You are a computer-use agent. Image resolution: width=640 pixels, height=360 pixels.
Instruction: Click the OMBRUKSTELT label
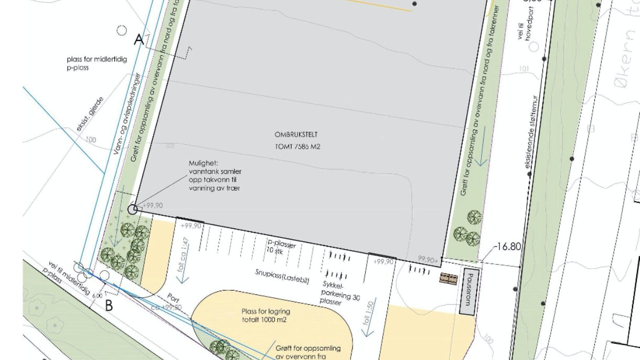[296, 134]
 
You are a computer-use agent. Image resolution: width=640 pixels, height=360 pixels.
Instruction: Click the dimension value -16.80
[508, 247]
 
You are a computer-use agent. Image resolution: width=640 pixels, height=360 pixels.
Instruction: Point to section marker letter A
[138, 39]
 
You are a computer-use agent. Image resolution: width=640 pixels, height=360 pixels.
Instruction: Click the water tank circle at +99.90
[133, 209]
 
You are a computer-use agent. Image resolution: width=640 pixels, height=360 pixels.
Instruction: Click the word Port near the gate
[173, 298]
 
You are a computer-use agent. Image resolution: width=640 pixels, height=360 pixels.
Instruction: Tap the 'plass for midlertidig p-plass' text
[97, 63]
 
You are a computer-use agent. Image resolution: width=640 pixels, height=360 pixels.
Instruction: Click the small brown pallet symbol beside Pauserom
[449, 278]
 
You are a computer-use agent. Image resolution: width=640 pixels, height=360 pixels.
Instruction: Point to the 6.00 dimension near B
[98, 295]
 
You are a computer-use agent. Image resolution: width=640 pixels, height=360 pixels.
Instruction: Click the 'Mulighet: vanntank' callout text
[215, 175]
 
